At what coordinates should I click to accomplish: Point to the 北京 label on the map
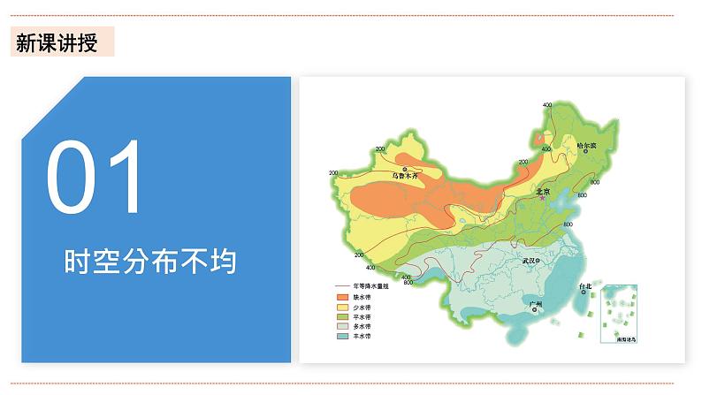[543, 191]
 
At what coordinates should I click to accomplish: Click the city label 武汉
[530, 261]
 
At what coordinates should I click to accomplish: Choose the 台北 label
[584, 287]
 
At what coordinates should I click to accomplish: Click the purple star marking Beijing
[542, 199]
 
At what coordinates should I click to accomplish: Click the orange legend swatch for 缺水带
[340, 297]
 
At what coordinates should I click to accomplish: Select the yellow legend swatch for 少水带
[340, 307]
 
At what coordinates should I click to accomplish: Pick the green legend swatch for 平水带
[340, 316]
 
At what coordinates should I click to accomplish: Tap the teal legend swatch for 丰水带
[340, 336]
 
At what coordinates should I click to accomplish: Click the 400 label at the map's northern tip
[547, 105]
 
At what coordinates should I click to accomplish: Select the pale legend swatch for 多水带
[340, 326]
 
